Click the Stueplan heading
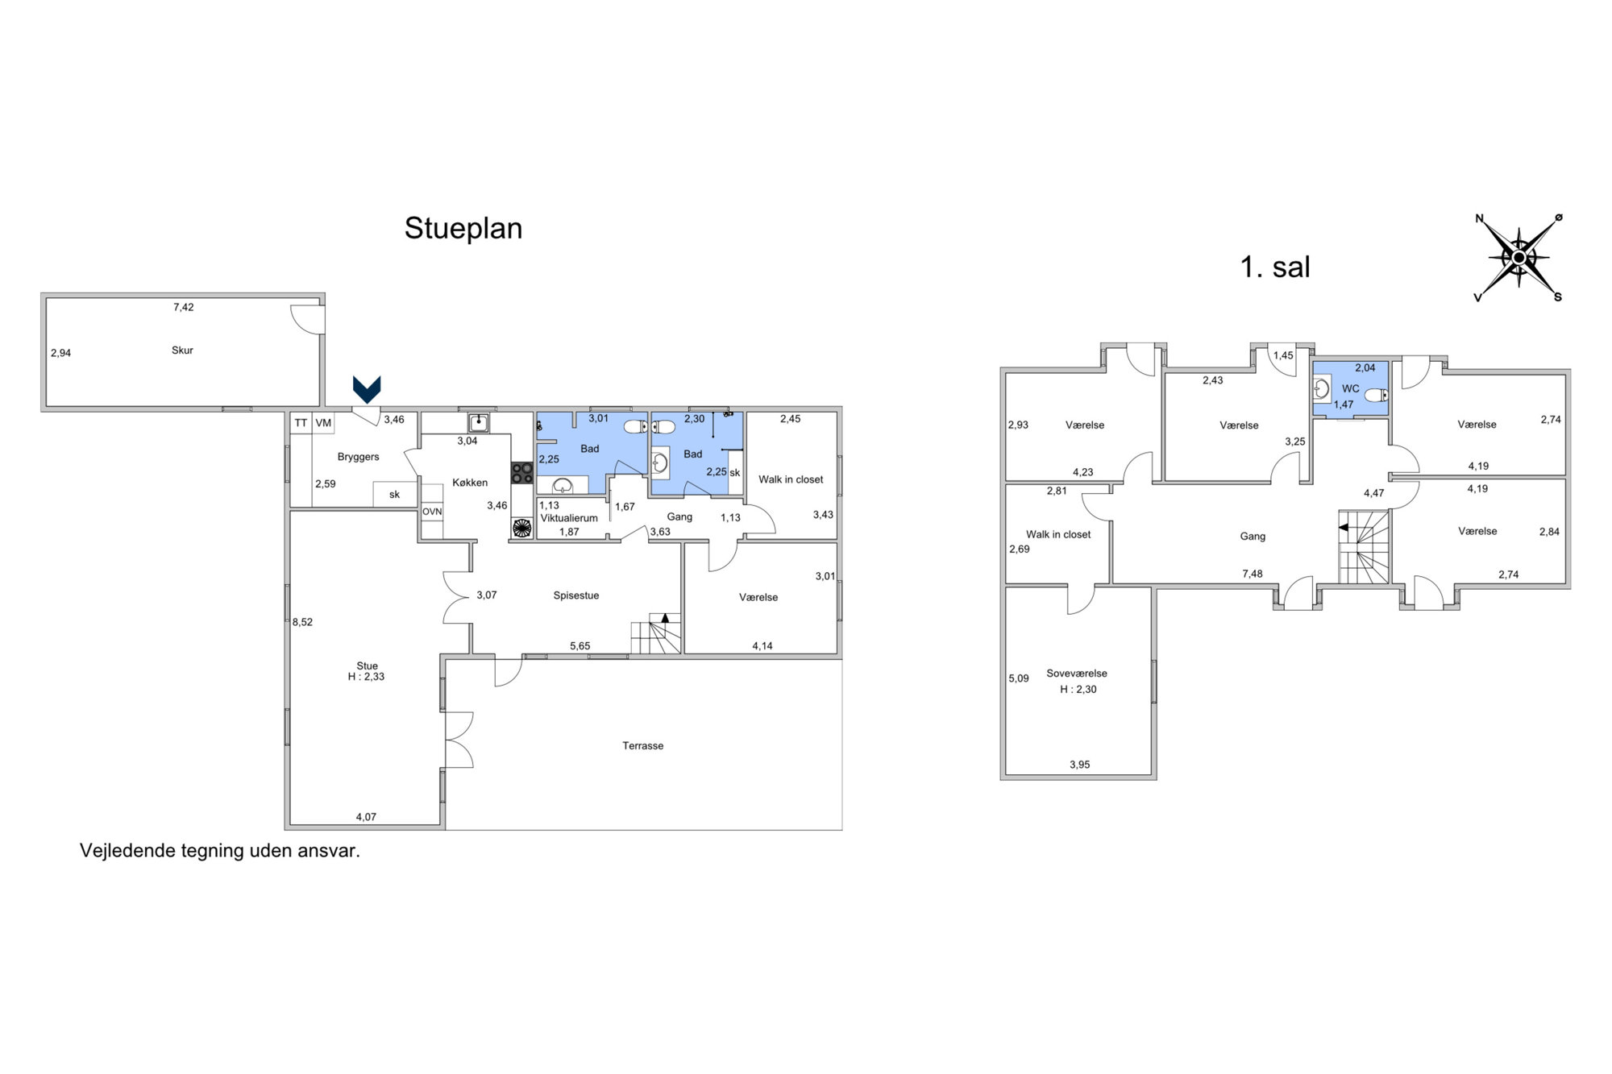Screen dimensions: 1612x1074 coord(463,229)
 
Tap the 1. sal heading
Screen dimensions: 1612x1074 coord(1275,267)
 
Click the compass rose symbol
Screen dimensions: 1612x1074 coord(1519,258)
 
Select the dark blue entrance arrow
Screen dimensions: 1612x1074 coord(367,390)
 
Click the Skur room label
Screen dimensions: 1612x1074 coord(182,350)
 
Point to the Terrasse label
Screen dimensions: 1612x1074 coord(643,746)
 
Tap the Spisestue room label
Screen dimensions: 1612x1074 coord(576,596)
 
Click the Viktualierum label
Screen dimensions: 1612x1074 coord(569,518)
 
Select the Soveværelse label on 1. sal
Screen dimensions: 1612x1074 coord(1077,674)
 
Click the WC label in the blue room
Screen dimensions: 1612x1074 coord(1351,388)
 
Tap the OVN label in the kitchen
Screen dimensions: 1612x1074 coord(432,512)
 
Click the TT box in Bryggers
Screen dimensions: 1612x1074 coord(301,423)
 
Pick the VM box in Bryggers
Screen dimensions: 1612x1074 coord(323,423)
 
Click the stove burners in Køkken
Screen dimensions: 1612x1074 coord(521,472)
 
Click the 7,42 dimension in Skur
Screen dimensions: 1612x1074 coord(184,307)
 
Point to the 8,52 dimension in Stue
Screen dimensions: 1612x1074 coord(302,622)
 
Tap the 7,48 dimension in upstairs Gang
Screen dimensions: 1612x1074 coord(1253,574)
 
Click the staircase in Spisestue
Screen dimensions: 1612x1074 coord(656,633)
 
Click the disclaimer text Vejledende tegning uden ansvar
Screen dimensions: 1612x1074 coord(220,851)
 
